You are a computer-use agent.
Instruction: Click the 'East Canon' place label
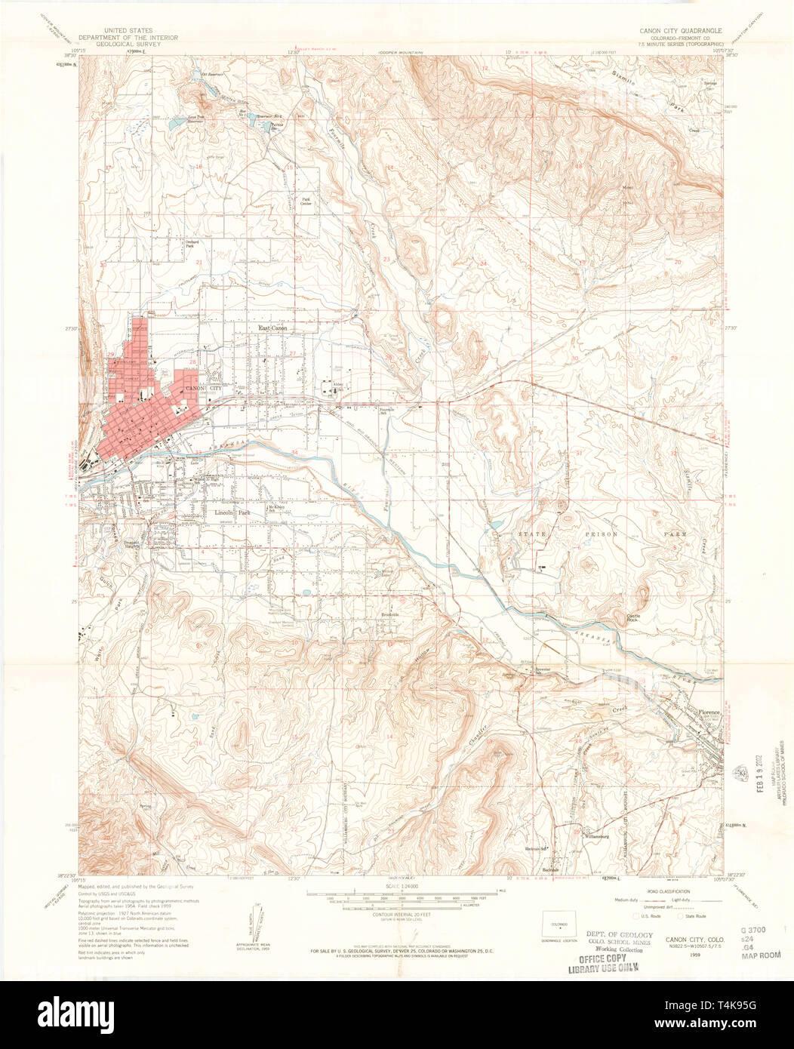click(x=273, y=328)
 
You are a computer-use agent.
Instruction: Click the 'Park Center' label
click(x=306, y=201)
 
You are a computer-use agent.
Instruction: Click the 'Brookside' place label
click(x=389, y=615)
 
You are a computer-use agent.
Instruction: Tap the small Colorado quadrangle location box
click(x=559, y=923)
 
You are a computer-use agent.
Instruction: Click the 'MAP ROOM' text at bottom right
click(x=761, y=955)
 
